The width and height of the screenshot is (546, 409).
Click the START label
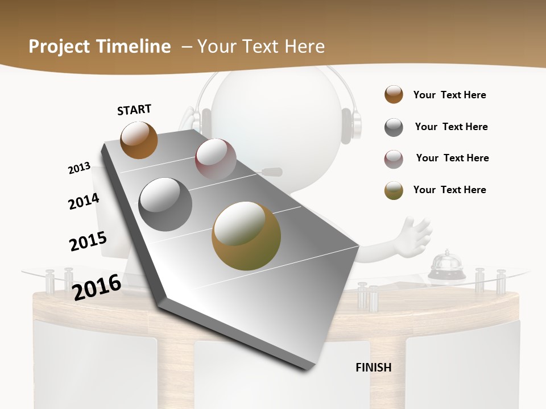[x=134, y=110]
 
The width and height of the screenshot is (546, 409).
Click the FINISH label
[x=373, y=368]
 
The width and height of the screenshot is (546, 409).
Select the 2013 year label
[x=79, y=168]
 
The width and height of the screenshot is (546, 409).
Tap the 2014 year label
[x=84, y=201]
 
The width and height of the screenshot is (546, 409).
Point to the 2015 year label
[x=88, y=241]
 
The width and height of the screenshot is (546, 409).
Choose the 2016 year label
[x=97, y=287]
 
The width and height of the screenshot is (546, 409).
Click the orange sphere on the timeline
[x=139, y=140]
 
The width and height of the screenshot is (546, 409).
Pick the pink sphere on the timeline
[x=216, y=158]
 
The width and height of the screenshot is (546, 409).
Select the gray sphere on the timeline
[x=166, y=204]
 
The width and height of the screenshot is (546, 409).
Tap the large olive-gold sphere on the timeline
[x=246, y=236]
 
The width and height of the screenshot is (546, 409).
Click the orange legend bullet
[x=394, y=95]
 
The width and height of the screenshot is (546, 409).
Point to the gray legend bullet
[x=394, y=127]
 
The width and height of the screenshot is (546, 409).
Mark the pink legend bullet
[x=394, y=158]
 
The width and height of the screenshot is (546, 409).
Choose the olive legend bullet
[x=394, y=190]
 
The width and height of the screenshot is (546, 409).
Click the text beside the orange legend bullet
[x=449, y=95]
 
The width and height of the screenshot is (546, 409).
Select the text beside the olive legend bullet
[x=449, y=190]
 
